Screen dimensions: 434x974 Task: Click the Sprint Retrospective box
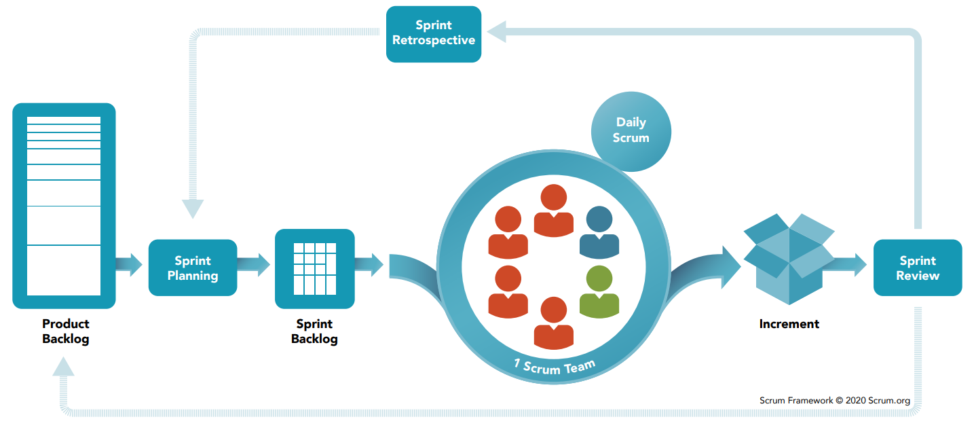click(433, 34)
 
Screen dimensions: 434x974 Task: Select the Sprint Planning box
click(193, 268)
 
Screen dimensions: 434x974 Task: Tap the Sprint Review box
click(917, 268)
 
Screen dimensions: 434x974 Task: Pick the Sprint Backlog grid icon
click(314, 268)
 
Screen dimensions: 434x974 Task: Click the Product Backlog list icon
click(64, 205)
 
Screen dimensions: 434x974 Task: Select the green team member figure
click(599, 291)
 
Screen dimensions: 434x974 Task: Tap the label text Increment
click(789, 324)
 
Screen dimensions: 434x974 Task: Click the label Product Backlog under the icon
click(65, 331)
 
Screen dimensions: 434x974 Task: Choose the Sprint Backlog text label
click(314, 331)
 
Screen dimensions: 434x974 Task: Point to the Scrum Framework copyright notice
click(834, 400)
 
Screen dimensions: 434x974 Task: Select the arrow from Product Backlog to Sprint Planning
click(129, 264)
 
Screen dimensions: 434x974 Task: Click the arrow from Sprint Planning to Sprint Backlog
click(255, 264)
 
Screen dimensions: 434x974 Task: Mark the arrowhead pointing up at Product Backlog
click(63, 367)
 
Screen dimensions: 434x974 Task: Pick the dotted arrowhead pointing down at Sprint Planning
click(193, 209)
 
